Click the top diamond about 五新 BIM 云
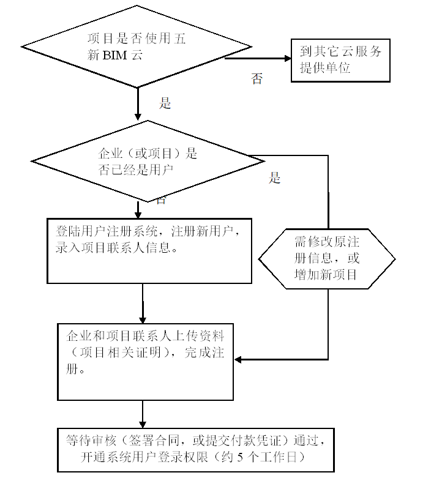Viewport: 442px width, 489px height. (x=137, y=47)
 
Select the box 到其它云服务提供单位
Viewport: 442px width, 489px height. (x=340, y=60)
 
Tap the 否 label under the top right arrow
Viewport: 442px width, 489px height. (x=257, y=79)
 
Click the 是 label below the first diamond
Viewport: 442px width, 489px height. (x=165, y=103)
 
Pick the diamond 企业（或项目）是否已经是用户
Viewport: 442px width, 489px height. (x=148, y=162)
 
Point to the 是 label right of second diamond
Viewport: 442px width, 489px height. (x=275, y=178)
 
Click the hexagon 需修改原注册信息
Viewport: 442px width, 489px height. (x=327, y=258)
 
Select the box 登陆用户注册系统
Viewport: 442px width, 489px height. (x=149, y=250)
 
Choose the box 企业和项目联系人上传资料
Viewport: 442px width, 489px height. (x=146, y=361)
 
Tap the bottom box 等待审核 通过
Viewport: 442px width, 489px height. (x=196, y=450)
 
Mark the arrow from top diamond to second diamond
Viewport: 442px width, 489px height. (x=138, y=104)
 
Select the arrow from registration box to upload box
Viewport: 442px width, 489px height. (x=143, y=304)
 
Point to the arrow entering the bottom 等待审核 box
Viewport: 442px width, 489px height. (x=143, y=414)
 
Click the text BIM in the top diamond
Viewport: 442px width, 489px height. (x=113, y=55)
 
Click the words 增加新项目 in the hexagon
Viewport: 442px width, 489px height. (x=326, y=275)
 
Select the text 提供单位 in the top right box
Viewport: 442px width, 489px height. (x=325, y=68)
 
